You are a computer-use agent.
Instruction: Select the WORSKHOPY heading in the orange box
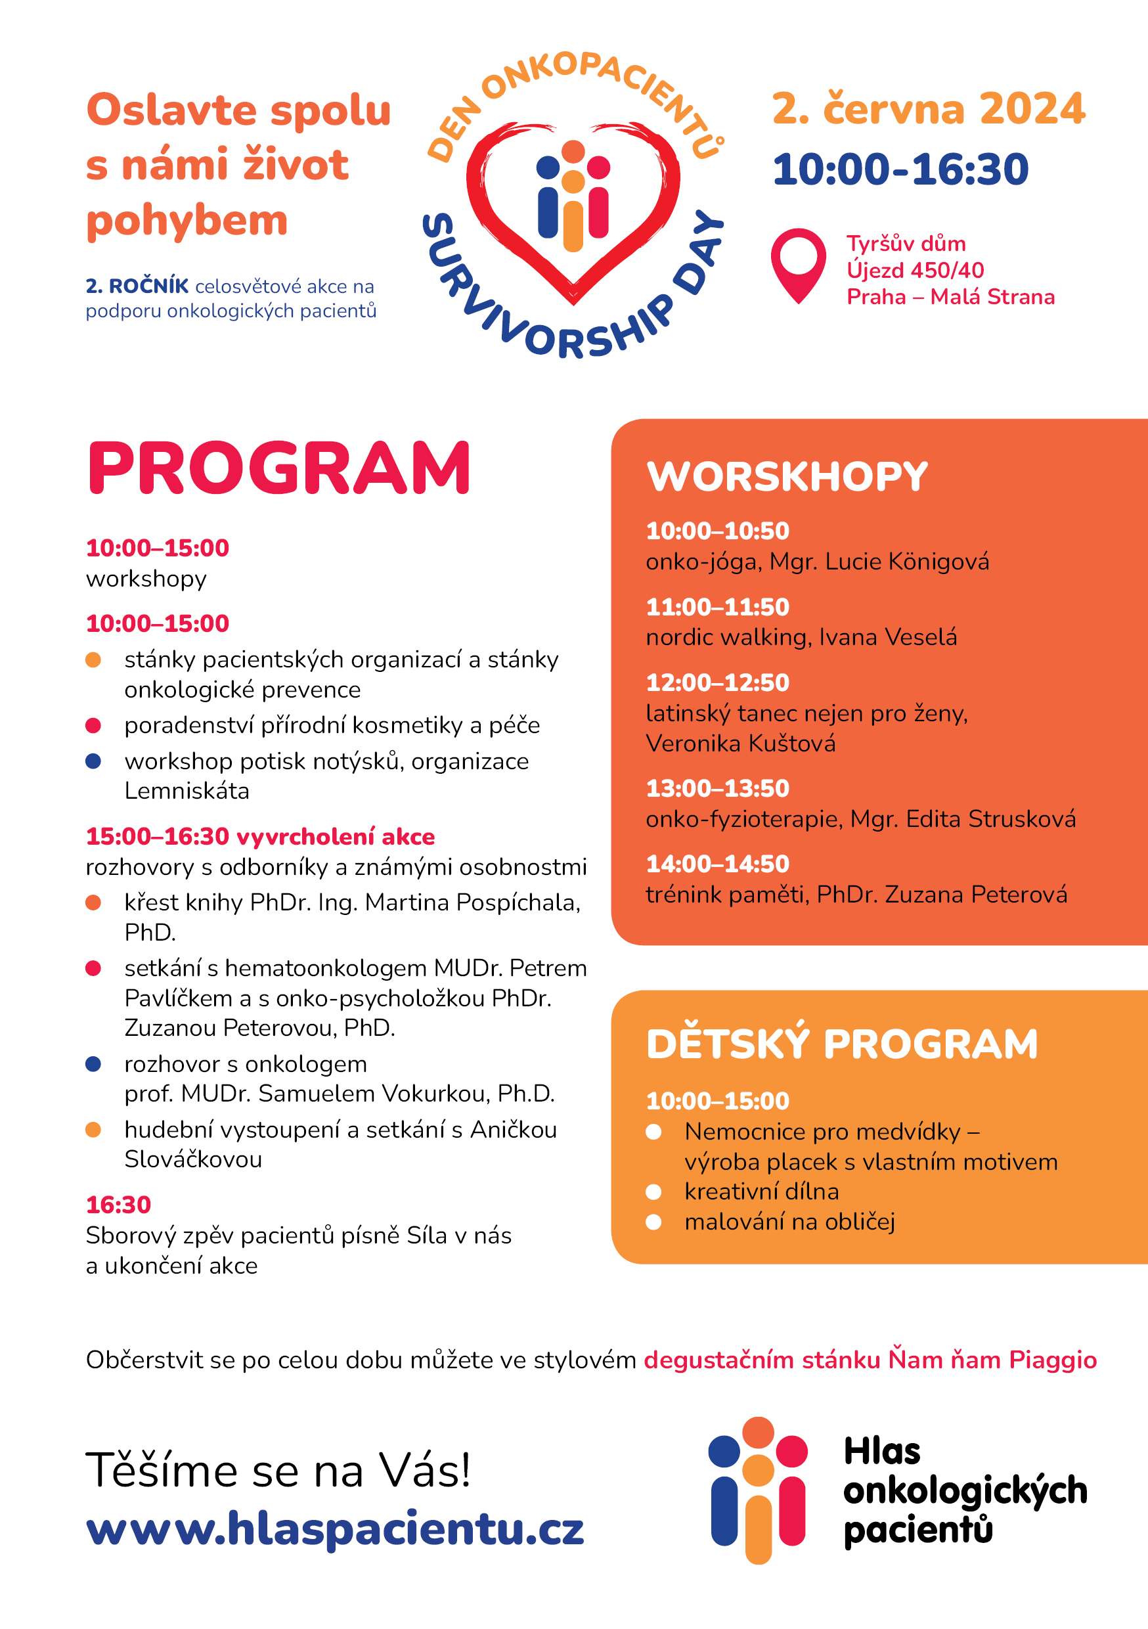point(787,476)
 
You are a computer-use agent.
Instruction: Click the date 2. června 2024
point(928,109)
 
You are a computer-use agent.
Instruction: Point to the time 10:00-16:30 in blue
point(900,170)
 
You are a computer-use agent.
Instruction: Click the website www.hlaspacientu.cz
point(334,1529)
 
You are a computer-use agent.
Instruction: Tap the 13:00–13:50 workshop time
point(717,788)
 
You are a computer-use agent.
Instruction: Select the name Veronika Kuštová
point(741,744)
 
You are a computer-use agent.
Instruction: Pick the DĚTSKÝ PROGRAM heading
point(842,1044)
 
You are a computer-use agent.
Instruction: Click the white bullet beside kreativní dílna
point(653,1192)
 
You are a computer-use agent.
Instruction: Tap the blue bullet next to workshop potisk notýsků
point(93,761)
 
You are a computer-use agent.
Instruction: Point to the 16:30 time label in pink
point(118,1205)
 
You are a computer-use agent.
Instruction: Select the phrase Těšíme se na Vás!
point(278,1470)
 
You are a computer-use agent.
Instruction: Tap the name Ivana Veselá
point(888,637)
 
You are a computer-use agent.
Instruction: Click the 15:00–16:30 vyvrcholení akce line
point(260,836)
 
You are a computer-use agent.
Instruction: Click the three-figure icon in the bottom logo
point(758,1490)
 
